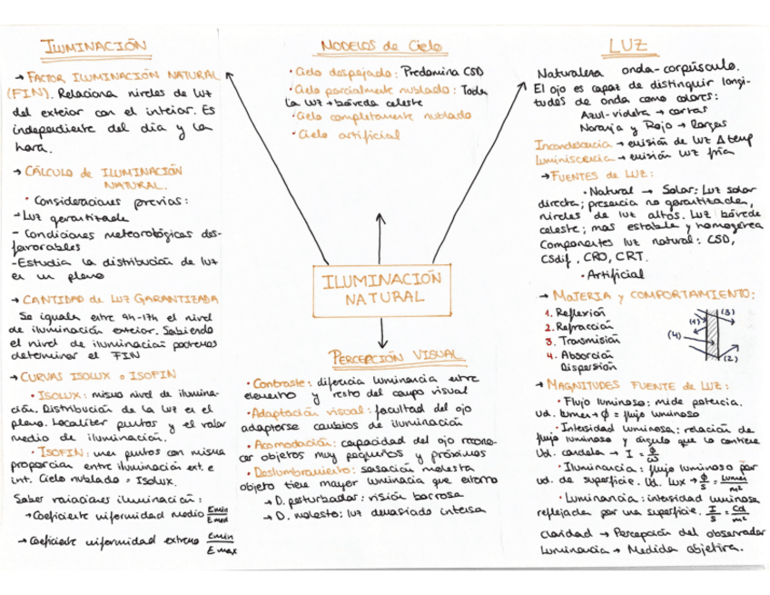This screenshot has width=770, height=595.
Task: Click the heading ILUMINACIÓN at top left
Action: (95, 45)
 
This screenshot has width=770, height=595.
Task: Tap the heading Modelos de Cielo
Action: (373, 45)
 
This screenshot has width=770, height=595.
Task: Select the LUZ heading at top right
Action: (627, 45)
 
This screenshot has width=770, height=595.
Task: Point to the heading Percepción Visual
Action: (381, 356)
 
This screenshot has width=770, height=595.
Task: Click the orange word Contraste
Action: (276, 382)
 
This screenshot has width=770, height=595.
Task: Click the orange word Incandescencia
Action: (573, 144)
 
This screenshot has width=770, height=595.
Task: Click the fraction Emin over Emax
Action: (220, 544)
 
